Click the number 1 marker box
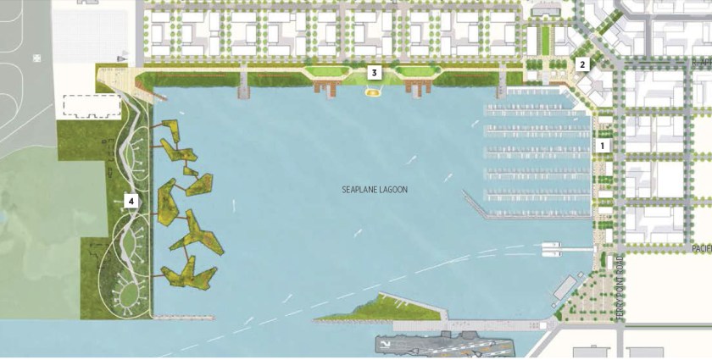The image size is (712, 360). [x=603, y=146]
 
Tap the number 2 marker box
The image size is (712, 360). [x=581, y=64]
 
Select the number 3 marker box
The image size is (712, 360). [x=373, y=73]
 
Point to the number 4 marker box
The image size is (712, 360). [x=131, y=201]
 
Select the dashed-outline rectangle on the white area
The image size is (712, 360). [x=92, y=107]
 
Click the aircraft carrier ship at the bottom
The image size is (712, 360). [x=441, y=346]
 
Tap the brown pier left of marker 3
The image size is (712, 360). [x=325, y=86]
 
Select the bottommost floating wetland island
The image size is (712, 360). [x=189, y=272]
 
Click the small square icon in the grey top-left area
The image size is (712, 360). [x=36, y=58]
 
